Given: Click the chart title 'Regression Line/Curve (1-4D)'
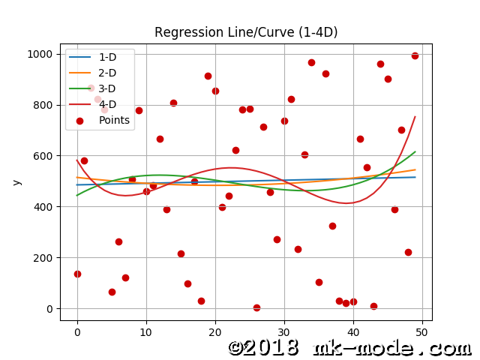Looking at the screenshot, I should pyautogui.click(x=246, y=32).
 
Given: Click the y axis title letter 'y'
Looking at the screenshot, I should pyautogui.click(x=16, y=181).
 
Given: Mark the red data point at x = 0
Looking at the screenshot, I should pyautogui.click(x=77, y=274).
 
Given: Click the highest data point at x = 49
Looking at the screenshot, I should pyautogui.click(x=415, y=55).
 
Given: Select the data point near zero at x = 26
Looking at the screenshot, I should pyautogui.click(x=256, y=307).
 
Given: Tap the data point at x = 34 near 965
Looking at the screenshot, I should pyautogui.click(x=311, y=62).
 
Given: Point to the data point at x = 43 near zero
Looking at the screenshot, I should pyautogui.click(x=373, y=306).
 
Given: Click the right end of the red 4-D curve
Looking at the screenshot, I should pyautogui.click(x=415, y=117).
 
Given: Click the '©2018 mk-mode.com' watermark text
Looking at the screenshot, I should pyautogui.click(x=349, y=348).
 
